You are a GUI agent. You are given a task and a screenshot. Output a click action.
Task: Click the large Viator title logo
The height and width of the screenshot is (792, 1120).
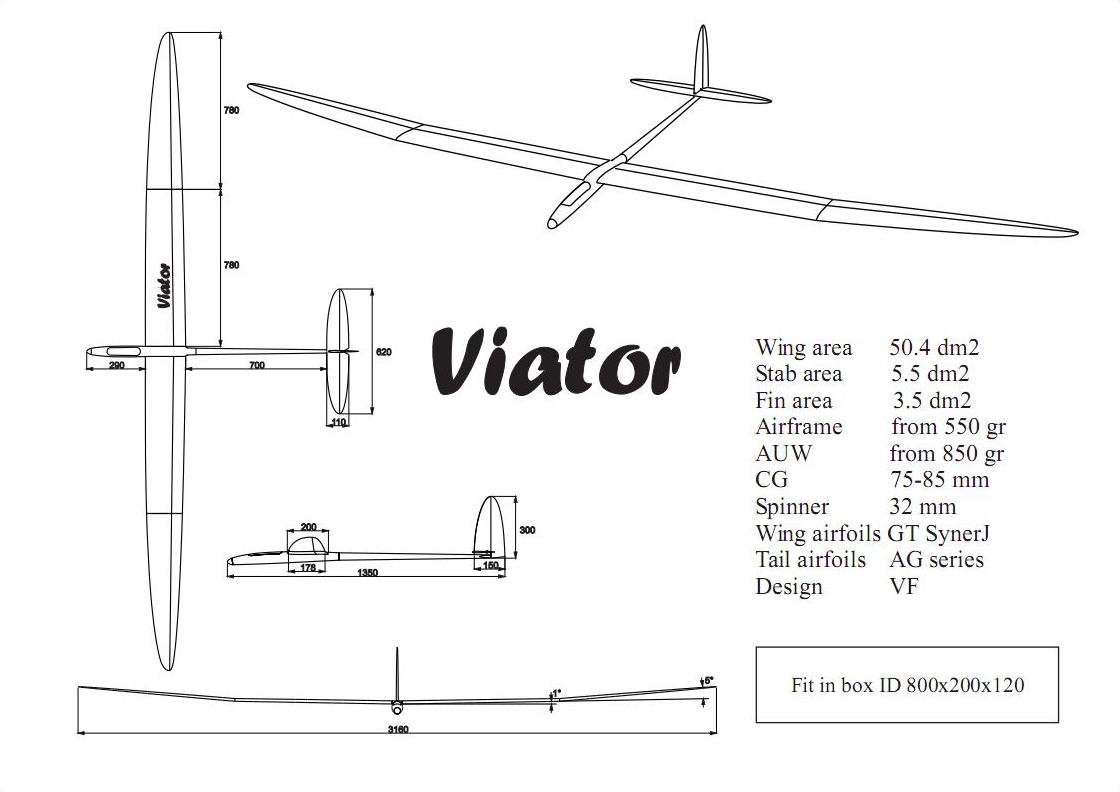coord(556,359)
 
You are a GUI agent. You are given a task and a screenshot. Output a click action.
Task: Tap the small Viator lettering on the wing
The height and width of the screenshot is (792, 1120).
coord(163,285)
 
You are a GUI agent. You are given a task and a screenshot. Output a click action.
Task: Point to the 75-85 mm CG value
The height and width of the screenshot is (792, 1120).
coord(939,479)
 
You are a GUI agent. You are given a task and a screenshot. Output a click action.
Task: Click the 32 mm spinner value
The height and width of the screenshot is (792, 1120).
coord(922,506)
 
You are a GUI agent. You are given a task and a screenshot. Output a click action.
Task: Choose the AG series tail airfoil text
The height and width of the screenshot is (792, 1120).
coord(936,560)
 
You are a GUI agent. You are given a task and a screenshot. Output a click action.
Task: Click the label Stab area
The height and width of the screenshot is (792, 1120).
coord(798,374)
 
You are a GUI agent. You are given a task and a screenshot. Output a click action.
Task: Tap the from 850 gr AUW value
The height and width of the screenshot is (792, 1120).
coord(946,453)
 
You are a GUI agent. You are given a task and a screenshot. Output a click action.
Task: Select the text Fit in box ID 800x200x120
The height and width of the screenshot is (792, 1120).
coord(907,685)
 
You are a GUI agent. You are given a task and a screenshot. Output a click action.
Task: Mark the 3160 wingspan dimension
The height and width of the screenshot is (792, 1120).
coord(397,729)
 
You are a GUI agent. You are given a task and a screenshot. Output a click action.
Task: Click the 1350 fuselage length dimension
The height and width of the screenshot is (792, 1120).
coord(367,572)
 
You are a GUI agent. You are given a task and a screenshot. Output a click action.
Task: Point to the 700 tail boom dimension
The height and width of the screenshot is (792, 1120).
coord(256,366)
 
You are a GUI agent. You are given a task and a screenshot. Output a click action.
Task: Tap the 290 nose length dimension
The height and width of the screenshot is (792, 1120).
coord(116,366)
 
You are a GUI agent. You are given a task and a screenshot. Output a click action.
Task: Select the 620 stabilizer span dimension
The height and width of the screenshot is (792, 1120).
coord(384,352)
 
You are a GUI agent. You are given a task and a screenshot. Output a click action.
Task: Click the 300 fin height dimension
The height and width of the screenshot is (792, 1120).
coord(527,530)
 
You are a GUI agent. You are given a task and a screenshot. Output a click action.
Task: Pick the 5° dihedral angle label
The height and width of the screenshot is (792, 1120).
coord(708,681)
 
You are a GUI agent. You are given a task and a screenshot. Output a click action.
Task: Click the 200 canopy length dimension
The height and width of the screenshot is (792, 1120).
coord(308,527)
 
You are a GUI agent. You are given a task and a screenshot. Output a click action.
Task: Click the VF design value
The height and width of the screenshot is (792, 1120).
coord(903,586)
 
